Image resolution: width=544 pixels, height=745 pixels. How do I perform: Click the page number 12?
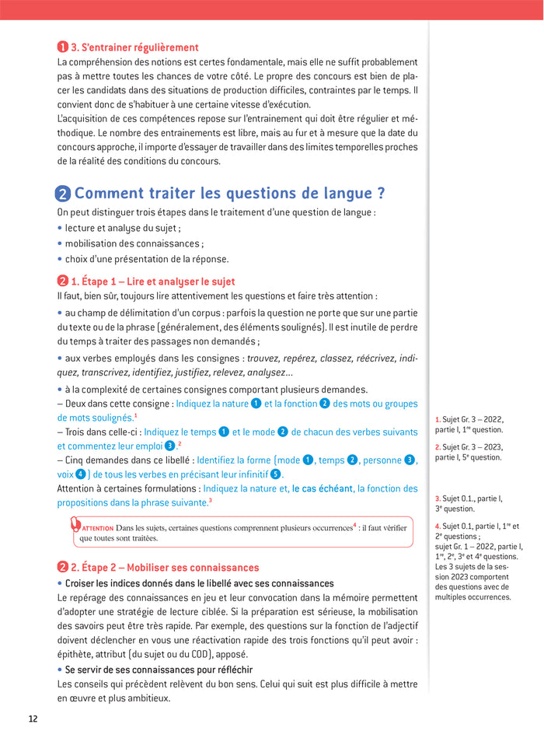click(33, 718)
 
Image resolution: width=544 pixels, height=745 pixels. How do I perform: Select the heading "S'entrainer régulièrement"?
click(134, 47)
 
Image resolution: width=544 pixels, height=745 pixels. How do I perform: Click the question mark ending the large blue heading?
click(379, 194)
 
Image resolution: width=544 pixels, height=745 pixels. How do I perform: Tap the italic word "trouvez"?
click(263, 359)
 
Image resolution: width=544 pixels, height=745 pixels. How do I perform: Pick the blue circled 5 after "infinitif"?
click(275, 474)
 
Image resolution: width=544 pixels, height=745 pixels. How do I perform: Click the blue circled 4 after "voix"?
click(80, 474)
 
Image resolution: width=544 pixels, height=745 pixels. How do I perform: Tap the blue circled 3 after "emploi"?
click(169, 446)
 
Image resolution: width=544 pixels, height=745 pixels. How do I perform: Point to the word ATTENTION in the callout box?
click(98, 528)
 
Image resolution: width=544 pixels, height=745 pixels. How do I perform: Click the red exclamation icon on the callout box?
click(75, 523)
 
